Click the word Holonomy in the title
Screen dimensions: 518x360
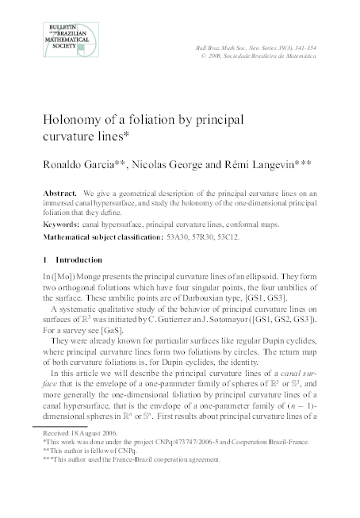pos(77,121)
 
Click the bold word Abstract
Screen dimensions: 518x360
pos(59,194)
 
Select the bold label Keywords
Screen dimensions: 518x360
pos(63,224)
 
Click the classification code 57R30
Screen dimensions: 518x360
pos(203,236)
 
